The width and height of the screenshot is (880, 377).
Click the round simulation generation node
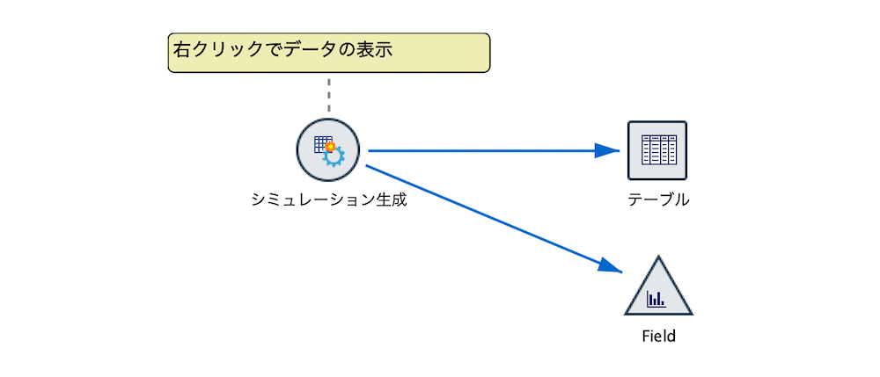tap(329, 150)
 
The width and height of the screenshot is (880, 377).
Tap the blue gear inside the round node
tap(334, 156)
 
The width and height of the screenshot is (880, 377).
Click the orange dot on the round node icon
tap(330, 147)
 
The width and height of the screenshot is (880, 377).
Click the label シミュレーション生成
tap(328, 199)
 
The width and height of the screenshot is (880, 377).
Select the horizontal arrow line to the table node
tap(484, 150)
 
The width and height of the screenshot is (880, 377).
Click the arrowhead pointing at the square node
tap(607, 150)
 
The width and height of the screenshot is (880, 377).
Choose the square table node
tap(657, 150)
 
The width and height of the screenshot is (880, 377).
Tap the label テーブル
tap(657, 199)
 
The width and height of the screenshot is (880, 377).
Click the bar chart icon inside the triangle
tap(656, 300)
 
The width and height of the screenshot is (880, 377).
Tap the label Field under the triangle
tap(658, 336)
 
